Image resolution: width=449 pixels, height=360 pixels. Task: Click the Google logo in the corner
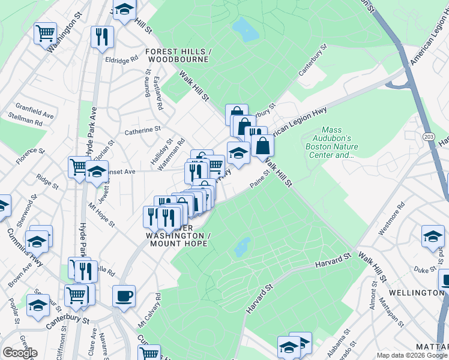pos(20,353)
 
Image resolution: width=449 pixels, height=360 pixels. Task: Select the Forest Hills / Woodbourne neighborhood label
pos(178,56)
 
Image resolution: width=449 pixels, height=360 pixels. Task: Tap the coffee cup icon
pos(124,296)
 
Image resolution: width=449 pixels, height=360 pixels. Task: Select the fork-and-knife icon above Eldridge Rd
pos(102,36)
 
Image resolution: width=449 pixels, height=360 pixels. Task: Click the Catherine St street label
pos(142,129)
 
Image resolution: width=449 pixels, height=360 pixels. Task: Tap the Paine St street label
pos(258,181)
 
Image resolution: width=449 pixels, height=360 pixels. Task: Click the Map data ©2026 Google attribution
pos(412,355)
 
